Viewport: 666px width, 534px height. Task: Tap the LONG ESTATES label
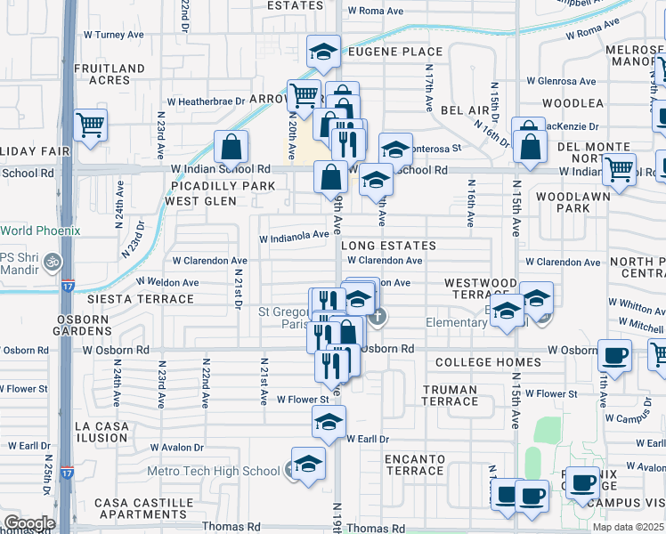tap(388, 246)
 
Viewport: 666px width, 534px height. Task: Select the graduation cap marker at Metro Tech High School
tap(308, 465)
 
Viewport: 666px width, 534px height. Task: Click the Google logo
tap(29, 523)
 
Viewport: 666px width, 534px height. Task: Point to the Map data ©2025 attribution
tap(628, 527)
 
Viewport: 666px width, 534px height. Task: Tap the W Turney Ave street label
tap(113, 35)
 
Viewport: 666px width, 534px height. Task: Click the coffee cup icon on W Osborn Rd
tap(614, 355)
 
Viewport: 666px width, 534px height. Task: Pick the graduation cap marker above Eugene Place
tap(324, 52)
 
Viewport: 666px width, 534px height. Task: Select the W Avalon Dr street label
tap(176, 447)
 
